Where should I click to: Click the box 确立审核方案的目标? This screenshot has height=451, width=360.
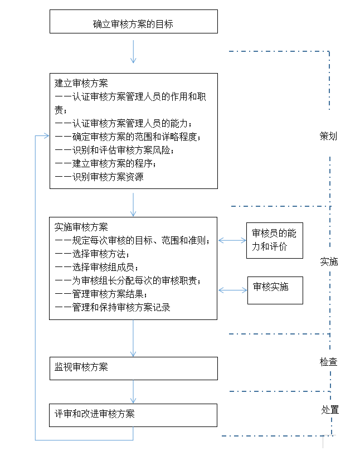click(x=133, y=23)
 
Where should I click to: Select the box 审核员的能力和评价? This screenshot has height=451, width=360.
click(x=274, y=240)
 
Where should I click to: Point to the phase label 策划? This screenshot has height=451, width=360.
click(x=328, y=136)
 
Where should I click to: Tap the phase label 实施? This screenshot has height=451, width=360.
click(x=329, y=261)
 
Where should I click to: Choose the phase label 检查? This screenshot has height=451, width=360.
click(x=328, y=362)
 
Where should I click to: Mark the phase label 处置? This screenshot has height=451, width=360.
click(x=329, y=410)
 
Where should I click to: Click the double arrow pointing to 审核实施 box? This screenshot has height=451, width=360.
click(x=232, y=290)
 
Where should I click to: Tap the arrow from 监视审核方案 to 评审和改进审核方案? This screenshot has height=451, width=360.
click(x=133, y=392)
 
